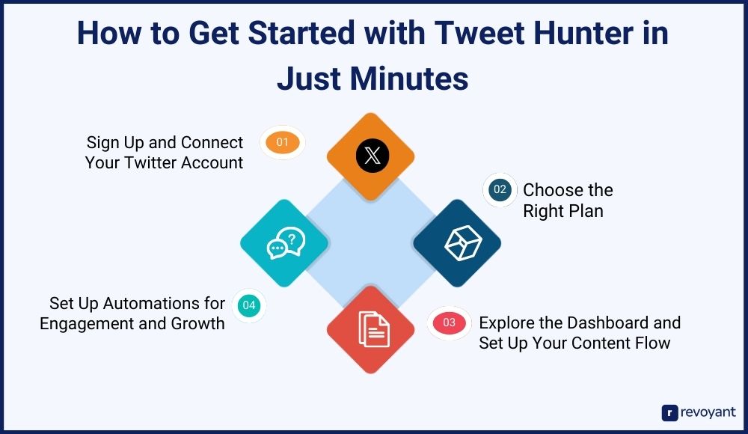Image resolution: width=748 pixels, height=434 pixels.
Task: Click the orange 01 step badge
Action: pyautogui.click(x=283, y=142)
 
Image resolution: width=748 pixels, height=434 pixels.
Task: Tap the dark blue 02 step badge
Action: pyautogui.click(x=500, y=189)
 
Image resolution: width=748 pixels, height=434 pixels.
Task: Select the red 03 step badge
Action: pyautogui.click(x=449, y=323)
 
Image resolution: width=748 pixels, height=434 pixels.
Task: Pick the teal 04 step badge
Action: pyautogui.click(x=249, y=305)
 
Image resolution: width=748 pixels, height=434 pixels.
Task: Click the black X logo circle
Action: pyautogui.click(x=372, y=156)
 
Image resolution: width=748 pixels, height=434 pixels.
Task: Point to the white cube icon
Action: pyautogui.click(x=463, y=243)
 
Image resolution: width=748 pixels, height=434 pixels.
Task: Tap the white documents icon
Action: pyautogui.click(x=374, y=329)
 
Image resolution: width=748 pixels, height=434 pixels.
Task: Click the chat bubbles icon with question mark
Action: pyautogui.click(x=286, y=243)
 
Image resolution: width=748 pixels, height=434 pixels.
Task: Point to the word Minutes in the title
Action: pyautogui.click(x=409, y=79)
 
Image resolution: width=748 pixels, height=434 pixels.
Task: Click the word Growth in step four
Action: pyautogui.click(x=197, y=324)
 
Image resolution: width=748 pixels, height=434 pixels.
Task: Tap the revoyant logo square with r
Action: pyautogui.click(x=669, y=413)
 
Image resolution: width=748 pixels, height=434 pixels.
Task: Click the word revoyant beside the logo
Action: pyautogui.click(x=708, y=412)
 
